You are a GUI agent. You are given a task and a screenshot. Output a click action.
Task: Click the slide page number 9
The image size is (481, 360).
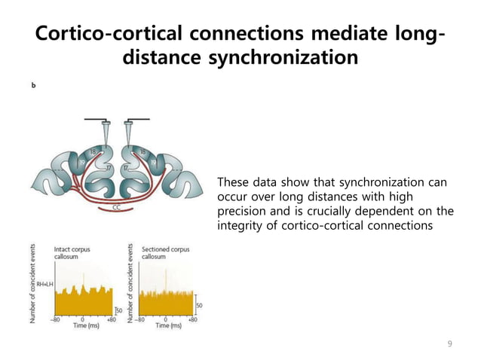coord(450,344)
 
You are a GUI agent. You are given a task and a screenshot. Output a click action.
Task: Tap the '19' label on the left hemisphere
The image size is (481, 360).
coord(80,161)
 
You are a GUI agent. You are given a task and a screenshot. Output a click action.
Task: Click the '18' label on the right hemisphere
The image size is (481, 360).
coord(142,151)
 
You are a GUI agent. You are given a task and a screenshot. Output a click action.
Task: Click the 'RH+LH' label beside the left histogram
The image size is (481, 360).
coord(43,283)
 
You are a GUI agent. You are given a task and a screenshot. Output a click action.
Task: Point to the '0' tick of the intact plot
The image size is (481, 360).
coord(82,319)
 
